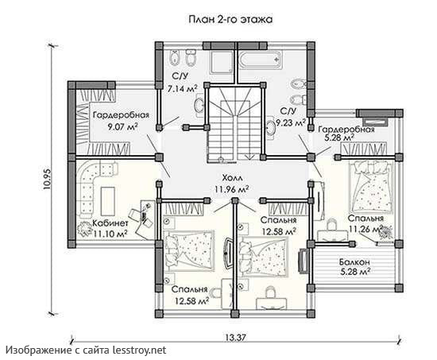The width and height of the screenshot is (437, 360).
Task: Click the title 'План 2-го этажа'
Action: pyautogui.click(x=230, y=20)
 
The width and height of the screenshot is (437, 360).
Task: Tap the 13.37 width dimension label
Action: pyautogui.click(x=235, y=338)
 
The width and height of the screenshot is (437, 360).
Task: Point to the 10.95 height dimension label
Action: pyautogui.click(x=47, y=179)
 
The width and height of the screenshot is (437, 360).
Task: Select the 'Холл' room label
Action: pyautogui.click(x=232, y=178)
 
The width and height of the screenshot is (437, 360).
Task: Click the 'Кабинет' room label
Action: pyautogui.click(x=110, y=223)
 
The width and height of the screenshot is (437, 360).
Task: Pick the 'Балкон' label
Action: pyautogui.click(x=354, y=261)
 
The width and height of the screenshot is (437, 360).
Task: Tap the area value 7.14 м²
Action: pyautogui.click(x=182, y=88)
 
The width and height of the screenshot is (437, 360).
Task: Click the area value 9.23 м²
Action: pyautogui.click(x=290, y=122)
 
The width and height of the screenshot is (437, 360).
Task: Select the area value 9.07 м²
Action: pyautogui.click(x=122, y=127)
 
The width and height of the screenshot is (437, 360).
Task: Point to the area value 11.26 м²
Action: pyautogui.click(x=365, y=229)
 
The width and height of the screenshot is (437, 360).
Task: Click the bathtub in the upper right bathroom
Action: pyautogui.click(x=261, y=60)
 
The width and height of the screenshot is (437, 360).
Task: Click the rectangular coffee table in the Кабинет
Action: pyautogui.click(x=108, y=201)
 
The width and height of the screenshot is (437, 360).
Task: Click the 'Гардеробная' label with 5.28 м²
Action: pyautogui.click(x=346, y=130)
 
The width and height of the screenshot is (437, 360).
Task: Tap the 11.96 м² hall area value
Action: pyautogui.click(x=231, y=189)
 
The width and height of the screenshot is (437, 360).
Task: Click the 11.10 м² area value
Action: pyautogui.click(x=110, y=234)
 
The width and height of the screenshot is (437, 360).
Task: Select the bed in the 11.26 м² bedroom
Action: pyautogui.click(x=370, y=187)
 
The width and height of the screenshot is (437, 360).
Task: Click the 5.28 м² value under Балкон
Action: pyautogui.click(x=355, y=271)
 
